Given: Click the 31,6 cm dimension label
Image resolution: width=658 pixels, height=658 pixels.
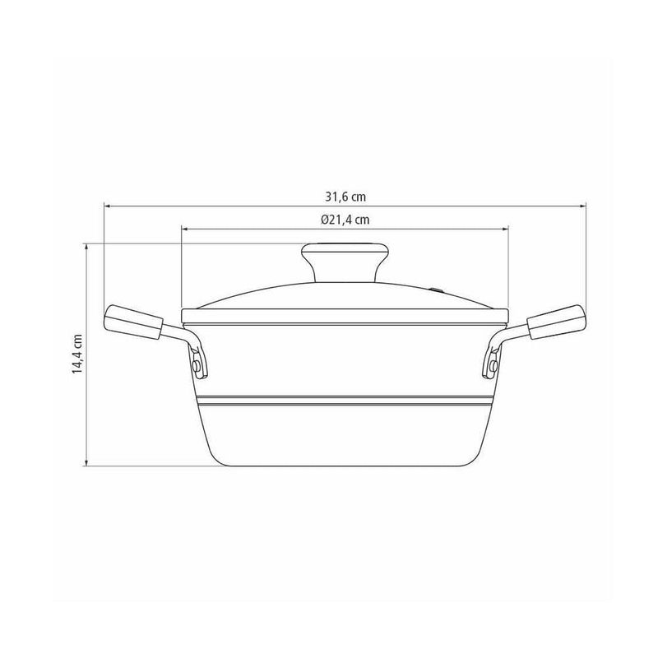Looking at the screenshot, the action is tap(345, 197).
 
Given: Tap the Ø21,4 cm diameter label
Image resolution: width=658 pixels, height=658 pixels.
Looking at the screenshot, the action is tap(345, 220).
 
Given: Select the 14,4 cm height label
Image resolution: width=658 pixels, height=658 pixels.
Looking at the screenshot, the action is tap(76, 354).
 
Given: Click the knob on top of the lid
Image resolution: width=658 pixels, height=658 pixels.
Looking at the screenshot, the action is tap(345, 262).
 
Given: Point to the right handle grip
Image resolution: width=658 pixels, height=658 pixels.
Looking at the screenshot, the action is tap(556, 322).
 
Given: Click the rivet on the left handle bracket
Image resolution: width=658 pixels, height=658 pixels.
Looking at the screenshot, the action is tap(196, 366).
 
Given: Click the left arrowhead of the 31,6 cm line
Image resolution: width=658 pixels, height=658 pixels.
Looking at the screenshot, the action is tap(107, 206).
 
